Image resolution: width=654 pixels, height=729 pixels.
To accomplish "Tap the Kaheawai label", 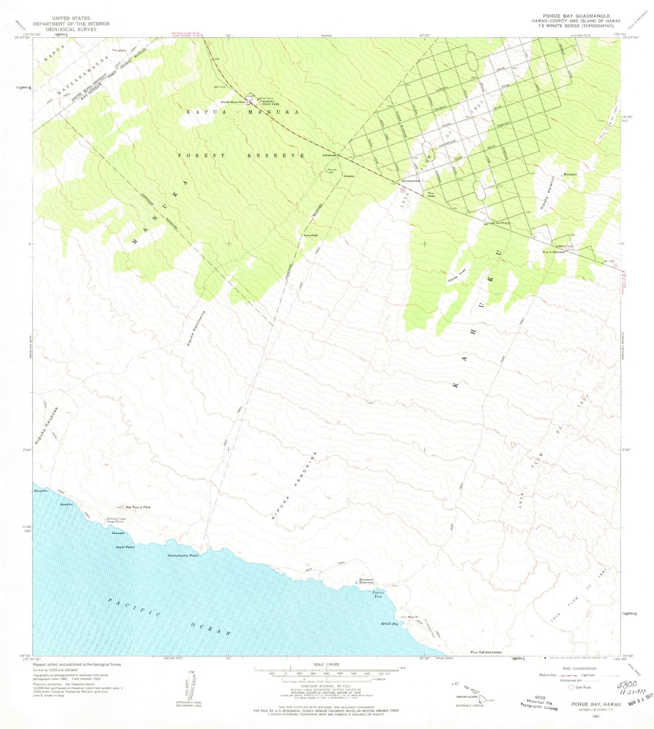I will [329, 155].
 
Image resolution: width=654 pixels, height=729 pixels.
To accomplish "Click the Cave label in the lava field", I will [370, 402].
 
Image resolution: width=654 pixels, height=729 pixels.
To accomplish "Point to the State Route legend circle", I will [571, 687].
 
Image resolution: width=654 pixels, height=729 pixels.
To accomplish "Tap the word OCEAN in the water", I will [210, 628].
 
